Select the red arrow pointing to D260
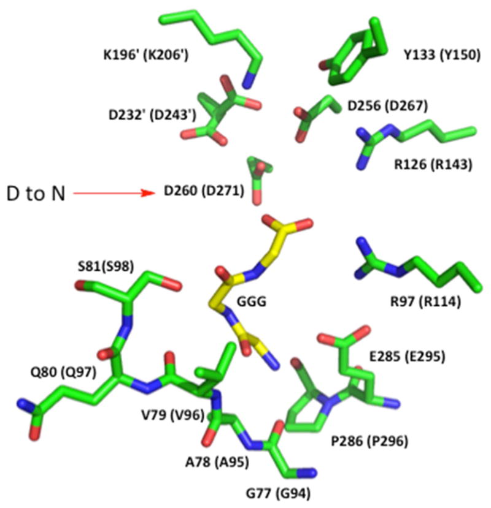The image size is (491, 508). [113, 194]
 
